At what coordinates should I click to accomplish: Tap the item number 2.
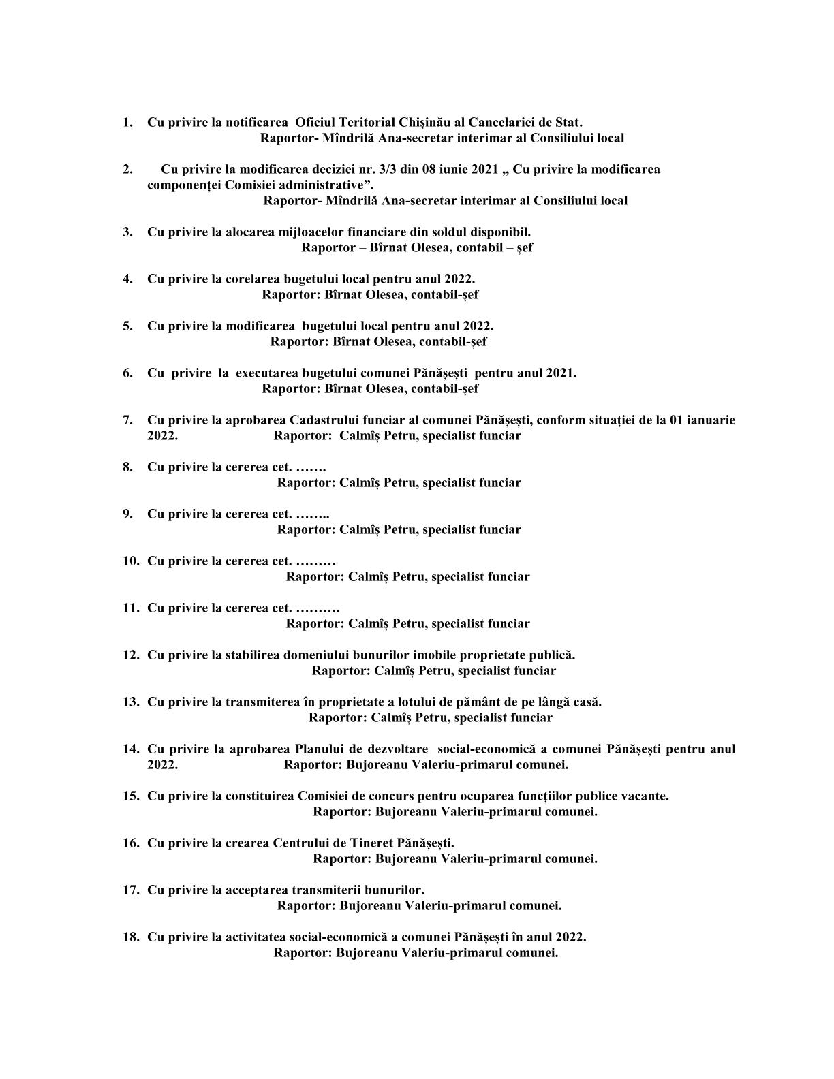[127, 169]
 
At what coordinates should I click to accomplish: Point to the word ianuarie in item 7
[711, 420]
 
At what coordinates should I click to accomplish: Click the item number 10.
[131, 561]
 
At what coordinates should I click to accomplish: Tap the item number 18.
[131, 937]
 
